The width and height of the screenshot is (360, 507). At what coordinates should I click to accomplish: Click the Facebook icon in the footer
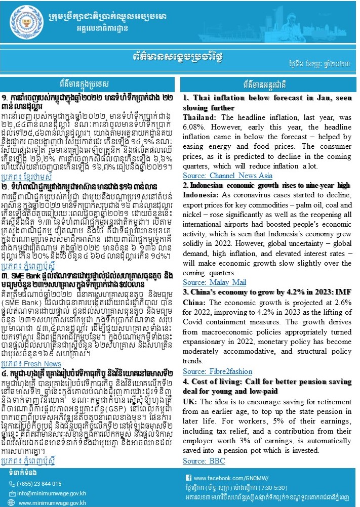(x=188, y=478)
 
